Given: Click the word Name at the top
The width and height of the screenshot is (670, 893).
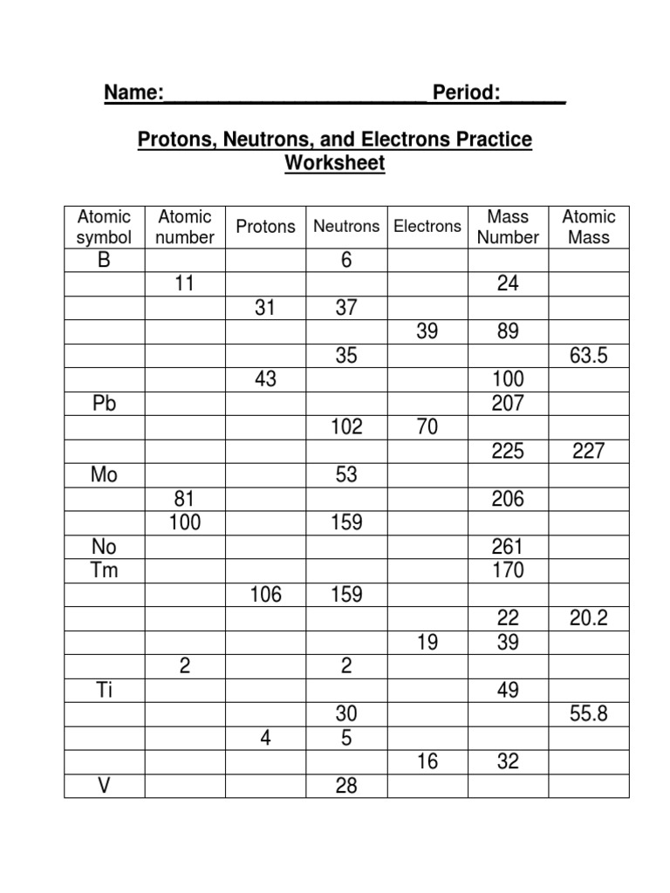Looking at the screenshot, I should pos(131,93).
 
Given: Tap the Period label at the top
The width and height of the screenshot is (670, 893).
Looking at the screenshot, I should pos(472,93).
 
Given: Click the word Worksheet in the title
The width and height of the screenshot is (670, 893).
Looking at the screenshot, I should pos(335,163).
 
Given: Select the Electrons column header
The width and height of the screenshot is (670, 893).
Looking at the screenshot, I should pos(427,227).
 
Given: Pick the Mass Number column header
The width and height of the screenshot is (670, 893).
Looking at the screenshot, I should pos(508,227).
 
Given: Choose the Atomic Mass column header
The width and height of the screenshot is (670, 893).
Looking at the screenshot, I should pos(589,227).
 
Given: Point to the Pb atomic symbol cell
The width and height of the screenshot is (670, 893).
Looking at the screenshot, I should pos(104,404).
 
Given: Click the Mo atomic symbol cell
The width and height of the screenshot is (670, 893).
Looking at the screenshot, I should pos(104,475).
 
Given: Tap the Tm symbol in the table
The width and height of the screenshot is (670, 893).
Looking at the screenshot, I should pos(104,571).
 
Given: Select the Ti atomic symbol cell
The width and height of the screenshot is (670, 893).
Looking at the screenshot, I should pos(104,691).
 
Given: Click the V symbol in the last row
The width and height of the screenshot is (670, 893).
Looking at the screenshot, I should pos(104,786).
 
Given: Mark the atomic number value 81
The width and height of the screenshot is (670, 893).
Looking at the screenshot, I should pos(184,499).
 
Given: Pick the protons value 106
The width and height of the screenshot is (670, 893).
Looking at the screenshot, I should pos(265,595).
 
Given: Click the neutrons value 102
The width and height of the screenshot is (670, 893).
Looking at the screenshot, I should pos(346,427).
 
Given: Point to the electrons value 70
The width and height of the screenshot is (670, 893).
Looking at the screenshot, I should pos(427,427).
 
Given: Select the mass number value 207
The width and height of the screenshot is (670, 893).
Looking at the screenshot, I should pos(508,404).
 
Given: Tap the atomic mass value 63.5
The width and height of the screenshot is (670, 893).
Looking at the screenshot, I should pos(589,356).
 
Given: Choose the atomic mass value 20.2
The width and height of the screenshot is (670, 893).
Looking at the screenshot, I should pos(589,619).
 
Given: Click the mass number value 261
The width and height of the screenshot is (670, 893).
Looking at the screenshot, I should pos(508,548).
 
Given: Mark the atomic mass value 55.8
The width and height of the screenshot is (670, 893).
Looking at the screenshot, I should pos(589,714).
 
